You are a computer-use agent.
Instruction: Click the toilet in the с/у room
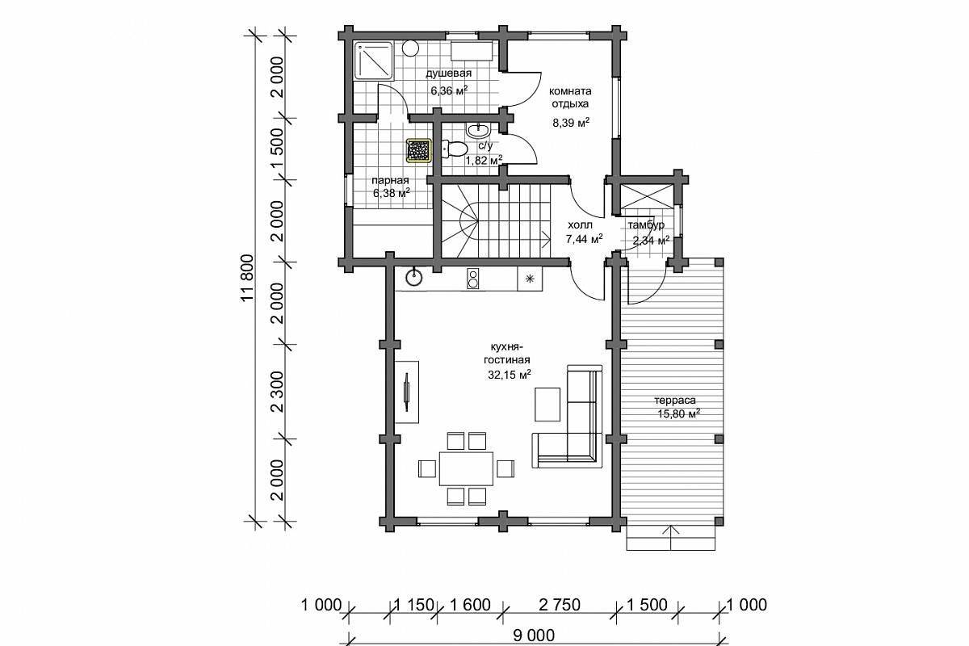click(454, 149)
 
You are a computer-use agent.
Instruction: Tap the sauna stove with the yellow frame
click(419, 150)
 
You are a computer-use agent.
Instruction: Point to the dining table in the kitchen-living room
click(467, 468)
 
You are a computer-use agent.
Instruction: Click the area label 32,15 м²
click(510, 375)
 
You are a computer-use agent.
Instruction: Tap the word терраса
click(675, 401)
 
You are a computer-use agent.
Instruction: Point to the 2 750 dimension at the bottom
click(560, 605)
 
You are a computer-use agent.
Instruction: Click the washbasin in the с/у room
click(478, 129)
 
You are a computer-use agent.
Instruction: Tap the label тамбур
click(646, 225)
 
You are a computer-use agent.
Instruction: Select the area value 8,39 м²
click(571, 123)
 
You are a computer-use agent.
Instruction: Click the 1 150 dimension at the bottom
click(414, 605)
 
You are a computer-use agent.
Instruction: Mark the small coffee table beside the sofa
click(547, 404)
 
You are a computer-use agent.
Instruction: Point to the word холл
click(580, 225)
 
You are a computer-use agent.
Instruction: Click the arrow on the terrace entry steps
click(671, 538)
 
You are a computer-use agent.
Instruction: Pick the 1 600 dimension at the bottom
click(470, 605)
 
